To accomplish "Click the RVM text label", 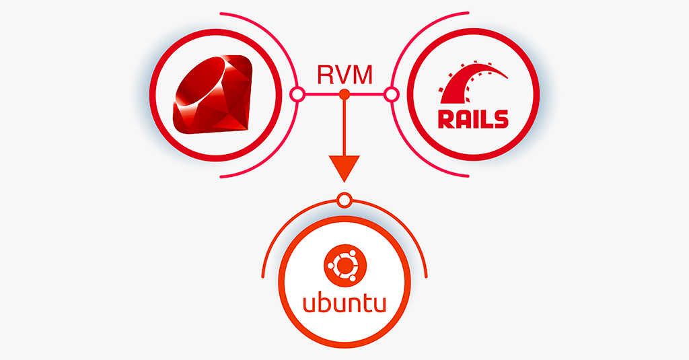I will pyautogui.click(x=344, y=75).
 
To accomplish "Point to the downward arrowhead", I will pyautogui.click(x=344, y=168).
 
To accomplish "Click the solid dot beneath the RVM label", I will pyautogui.click(x=344, y=94).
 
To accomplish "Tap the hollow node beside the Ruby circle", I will pyautogui.click(x=296, y=94).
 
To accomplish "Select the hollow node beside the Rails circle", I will pyautogui.click(x=391, y=94).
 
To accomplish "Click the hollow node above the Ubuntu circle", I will pyautogui.click(x=344, y=200).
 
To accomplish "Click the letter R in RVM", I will pyautogui.click(x=325, y=75).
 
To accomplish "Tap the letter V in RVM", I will pyautogui.click(x=342, y=75).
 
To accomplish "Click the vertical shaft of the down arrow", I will pyautogui.click(x=344, y=128).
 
